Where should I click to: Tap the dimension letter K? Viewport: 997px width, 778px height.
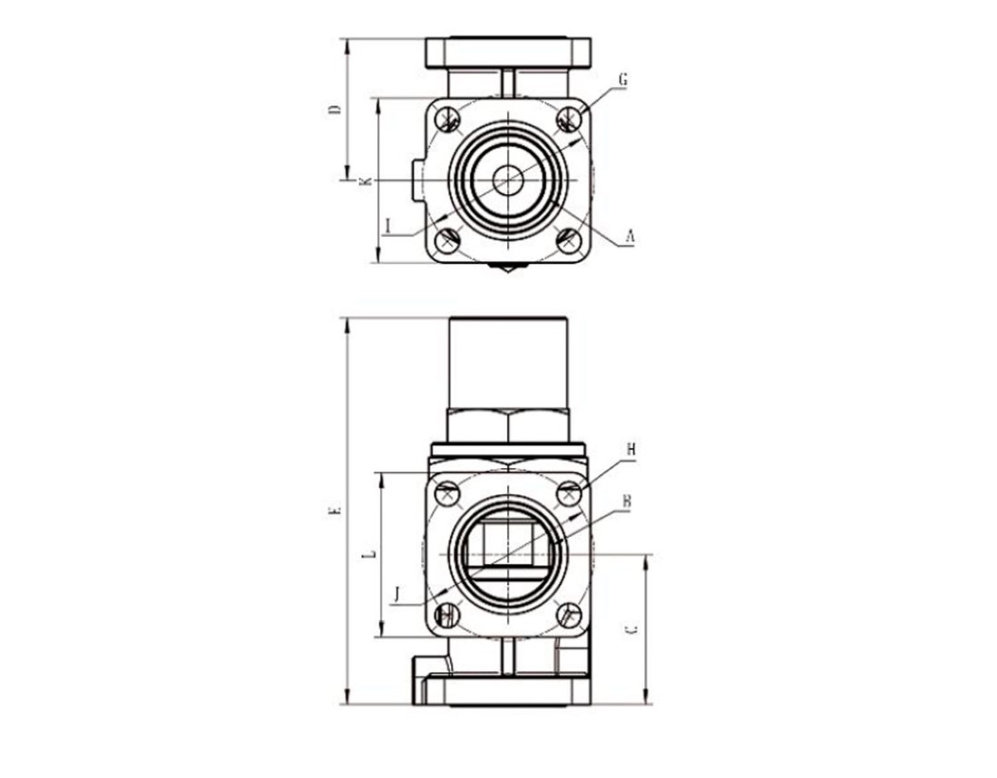pyautogui.click(x=365, y=181)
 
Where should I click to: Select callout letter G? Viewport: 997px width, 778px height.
pyautogui.click(x=622, y=80)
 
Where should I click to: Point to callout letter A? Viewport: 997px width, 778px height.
pyautogui.click(x=630, y=237)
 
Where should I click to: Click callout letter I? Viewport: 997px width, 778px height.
pyautogui.click(x=388, y=224)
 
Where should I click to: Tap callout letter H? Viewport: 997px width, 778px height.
pyautogui.click(x=630, y=450)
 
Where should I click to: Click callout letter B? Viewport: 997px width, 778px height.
pyautogui.click(x=626, y=501)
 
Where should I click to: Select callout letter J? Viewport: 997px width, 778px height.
pyautogui.click(x=396, y=594)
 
